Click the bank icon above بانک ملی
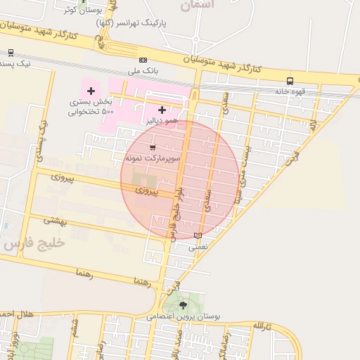click(143, 60)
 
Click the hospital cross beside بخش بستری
click(91, 91)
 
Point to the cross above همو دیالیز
click(162, 110)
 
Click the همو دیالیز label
click(159, 121)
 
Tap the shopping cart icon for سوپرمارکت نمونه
click(153, 148)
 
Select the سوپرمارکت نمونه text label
click(153, 160)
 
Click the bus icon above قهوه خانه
click(290, 81)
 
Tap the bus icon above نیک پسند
click(11, 52)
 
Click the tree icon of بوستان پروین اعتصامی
click(184, 305)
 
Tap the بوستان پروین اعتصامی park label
click(184, 317)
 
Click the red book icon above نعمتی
click(197, 236)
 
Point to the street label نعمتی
click(198, 247)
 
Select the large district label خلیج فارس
click(33, 243)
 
